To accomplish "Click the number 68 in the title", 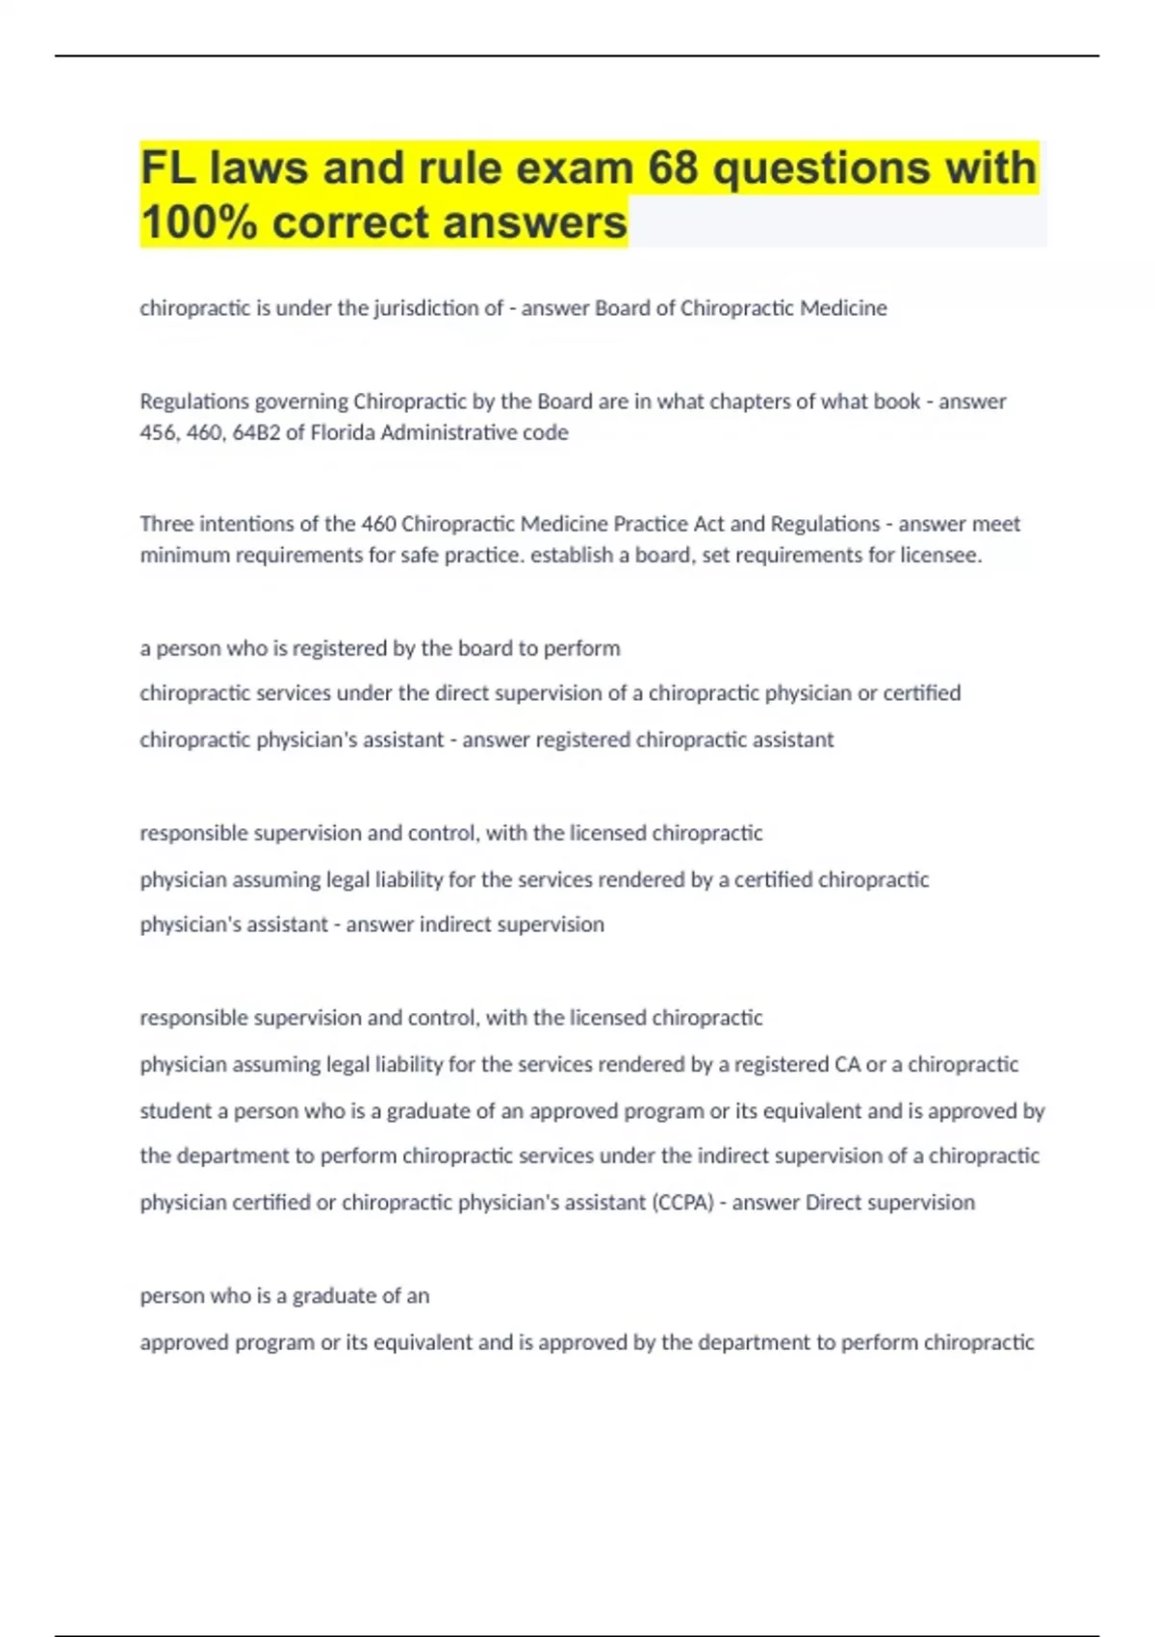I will pos(673,169).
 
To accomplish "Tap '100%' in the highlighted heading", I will pos(199,222).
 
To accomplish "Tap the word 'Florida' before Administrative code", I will pos(343,432).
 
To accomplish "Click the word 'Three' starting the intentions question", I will pos(165,524).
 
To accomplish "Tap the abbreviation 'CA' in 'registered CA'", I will pos(847,1064).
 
